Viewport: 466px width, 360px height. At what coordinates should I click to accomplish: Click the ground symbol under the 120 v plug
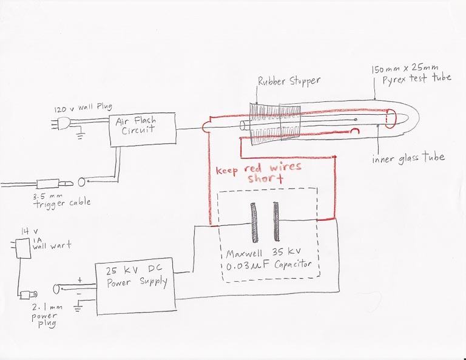pyautogui.click(x=80, y=135)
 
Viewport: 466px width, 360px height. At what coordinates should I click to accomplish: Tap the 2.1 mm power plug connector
pyautogui.click(x=28, y=294)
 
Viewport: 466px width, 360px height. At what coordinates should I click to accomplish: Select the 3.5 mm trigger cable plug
pyautogui.click(x=55, y=184)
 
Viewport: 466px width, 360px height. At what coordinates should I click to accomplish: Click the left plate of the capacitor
pyautogui.click(x=254, y=223)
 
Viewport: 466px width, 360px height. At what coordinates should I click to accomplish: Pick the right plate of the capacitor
pyautogui.click(x=276, y=222)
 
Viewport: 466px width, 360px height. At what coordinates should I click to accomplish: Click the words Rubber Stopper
pyautogui.click(x=289, y=81)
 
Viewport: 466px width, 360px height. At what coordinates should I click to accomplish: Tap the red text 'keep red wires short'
pyautogui.click(x=258, y=173)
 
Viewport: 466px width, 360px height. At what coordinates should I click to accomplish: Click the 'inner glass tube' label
pyautogui.click(x=408, y=158)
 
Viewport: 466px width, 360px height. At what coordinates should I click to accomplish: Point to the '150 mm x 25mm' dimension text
pyautogui.click(x=405, y=69)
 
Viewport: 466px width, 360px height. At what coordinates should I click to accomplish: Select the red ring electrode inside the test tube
pyautogui.click(x=391, y=118)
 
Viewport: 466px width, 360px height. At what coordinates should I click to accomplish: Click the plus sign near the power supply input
pyautogui.click(x=80, y=280)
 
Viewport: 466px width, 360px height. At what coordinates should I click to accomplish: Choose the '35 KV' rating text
pyautogui.click(x=286, y=252)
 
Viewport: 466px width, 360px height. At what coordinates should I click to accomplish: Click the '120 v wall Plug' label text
pyautogui.click(x=83, y=108)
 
